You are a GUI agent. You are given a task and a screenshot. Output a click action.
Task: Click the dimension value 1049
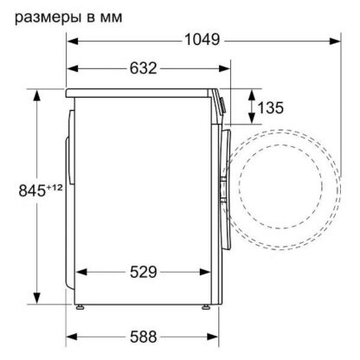tap(202, 40)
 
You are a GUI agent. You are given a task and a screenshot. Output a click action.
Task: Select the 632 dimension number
tap(143, 68)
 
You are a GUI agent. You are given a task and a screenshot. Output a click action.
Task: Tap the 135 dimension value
tap(270, 107)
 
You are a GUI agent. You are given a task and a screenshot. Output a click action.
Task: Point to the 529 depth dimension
tap(143, 272)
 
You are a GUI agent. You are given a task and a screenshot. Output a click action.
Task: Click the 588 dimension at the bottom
tap(143, 337)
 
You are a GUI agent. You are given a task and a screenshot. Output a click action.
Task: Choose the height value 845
tap(32, 190)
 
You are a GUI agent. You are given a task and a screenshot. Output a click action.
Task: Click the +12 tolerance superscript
tap(55, 188)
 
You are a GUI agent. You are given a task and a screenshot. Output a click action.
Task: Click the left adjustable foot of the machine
tap(80, 307)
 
